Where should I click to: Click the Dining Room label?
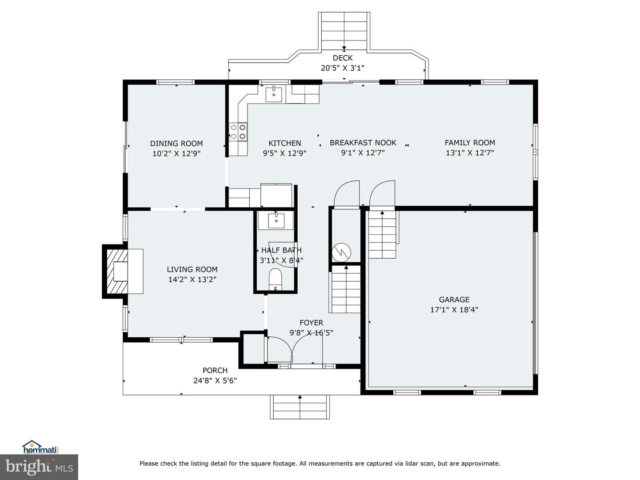pyautogui.click(x=176, y=144)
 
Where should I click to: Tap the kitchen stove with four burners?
pyautogui.click(x=238, y=132)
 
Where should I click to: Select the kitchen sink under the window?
pyautogui.click(x=274, y=94)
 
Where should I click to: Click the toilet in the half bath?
pyautogui.click(x=276, y=280)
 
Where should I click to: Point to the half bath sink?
pyautogui.click(x=276, y=220)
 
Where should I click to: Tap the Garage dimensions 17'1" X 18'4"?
pyautogui.click(x=454, y=310)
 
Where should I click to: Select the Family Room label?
pyautogui.click(x=470, y=143)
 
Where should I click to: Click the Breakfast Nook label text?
pyautogui.click(x=363, y=143)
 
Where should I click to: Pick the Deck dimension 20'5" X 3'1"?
pyautogui.click(x=343, y=68)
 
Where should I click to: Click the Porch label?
pyautogui.click(x=215, y=370)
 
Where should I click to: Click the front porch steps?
pyautogui.click(x=300, y=407)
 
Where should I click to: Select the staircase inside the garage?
pyautogui.click(x=382, y=235)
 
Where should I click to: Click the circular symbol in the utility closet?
pyautogui.click(x=342, y=252)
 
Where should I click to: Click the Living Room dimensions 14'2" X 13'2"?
pyautogui.click(x=192, y=280)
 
